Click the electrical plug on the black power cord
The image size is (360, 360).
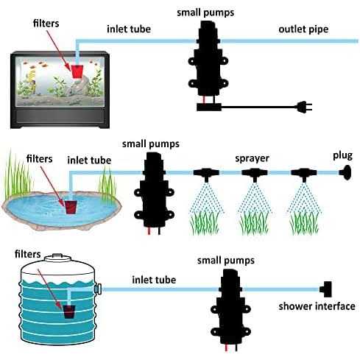tap(304, 107)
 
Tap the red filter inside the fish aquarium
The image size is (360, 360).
tap(77, 71)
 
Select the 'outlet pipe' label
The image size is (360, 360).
tap(303, 29)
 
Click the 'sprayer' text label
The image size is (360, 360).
tap(252, 158)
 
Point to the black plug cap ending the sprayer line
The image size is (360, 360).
tap(345, 172)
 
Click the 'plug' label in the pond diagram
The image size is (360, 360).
tap(342, 156)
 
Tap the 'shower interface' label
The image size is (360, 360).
tap(317, 306)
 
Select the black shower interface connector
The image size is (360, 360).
tap(325, 289)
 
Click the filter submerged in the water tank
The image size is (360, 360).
tap(69, 311)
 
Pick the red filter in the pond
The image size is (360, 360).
tap(71, 208)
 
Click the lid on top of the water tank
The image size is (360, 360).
tap(57, 258)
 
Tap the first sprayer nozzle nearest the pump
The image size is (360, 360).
tap(206, 174)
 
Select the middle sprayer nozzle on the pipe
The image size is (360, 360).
tap(255, 174)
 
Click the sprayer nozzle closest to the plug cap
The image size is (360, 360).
tap(304, 174)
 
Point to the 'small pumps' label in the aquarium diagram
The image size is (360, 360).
tap(205, 13)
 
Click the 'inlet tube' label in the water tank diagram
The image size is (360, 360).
tap(154, 280)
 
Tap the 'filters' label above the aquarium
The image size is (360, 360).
tap(46, 24)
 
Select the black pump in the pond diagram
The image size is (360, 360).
tap(154, 191)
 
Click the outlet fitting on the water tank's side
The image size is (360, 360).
tap(98, 289)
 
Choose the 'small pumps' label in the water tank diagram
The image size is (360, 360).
tap(226, 261)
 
